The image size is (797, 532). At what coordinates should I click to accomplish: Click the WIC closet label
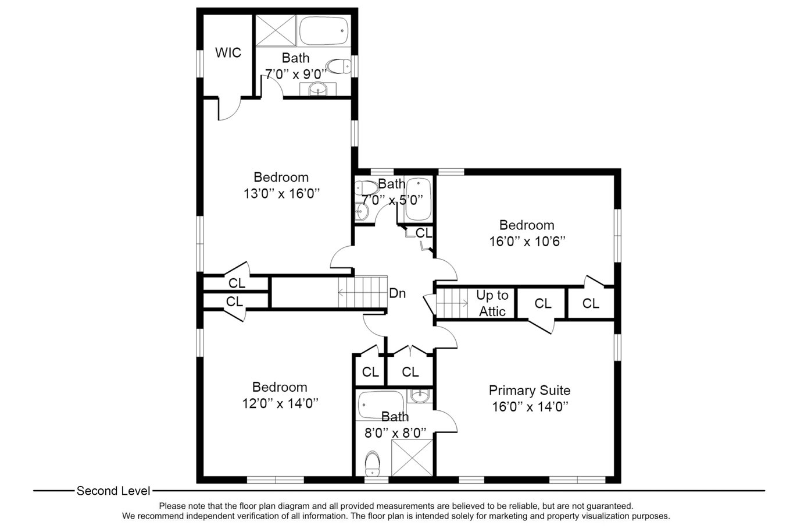coord(228,53)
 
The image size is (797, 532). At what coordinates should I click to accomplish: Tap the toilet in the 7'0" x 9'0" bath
coord(338,66)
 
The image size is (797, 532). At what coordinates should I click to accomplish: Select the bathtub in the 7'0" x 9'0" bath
coord(324,31)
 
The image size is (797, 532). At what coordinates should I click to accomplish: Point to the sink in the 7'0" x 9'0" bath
coord(318,88)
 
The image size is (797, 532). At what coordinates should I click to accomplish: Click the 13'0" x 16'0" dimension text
coord(281,194)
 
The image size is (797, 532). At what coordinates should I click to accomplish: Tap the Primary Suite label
coord(530,391)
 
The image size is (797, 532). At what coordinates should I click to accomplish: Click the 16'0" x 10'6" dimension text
coord(527,242)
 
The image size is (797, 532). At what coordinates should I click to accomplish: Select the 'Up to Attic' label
coord(492,303)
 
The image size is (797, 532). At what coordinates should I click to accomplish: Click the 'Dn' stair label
coord(397,293)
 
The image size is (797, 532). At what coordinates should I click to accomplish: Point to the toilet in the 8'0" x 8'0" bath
coord(373,463)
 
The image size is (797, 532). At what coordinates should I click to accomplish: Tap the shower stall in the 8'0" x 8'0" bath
coord(412,457)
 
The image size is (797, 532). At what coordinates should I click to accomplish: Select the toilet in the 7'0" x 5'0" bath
coord(366,187)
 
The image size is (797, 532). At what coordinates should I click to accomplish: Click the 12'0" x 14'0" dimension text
coord(280,404)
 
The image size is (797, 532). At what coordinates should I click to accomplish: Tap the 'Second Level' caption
coord(113,491)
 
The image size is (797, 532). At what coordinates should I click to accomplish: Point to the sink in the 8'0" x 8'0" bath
coord(420,396)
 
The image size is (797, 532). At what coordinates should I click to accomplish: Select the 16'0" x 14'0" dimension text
coord(530,407)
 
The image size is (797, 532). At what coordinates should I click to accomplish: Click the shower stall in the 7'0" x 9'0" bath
coord(276,31)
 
